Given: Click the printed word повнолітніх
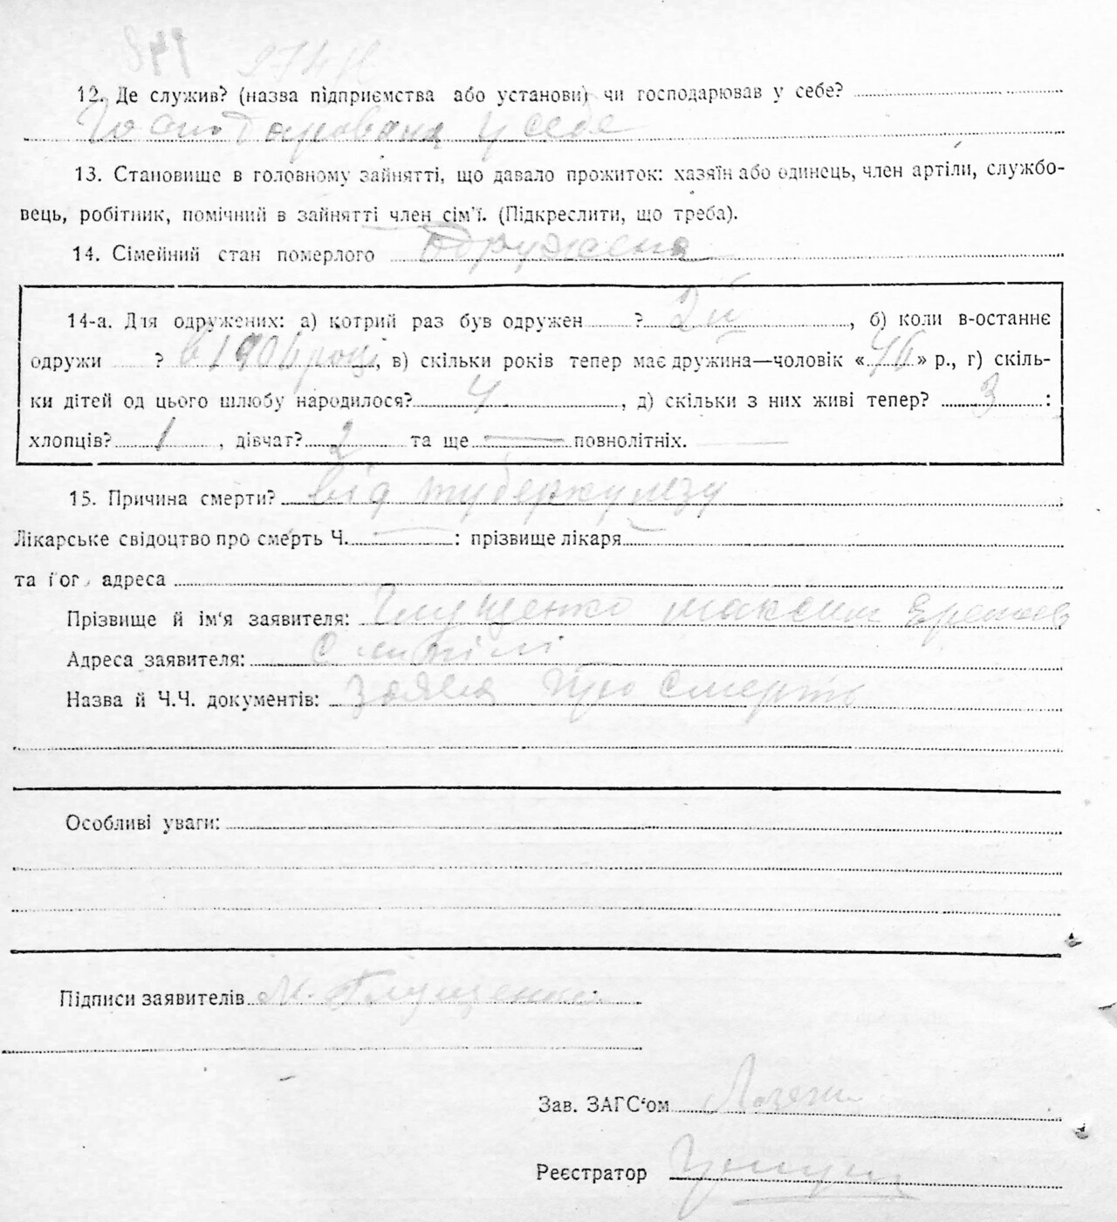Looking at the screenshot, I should (629, 441).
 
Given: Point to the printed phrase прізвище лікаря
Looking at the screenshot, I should (545, 539).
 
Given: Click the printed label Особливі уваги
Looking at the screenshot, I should (142, 823).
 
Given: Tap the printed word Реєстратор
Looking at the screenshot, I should (592, 1173).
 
